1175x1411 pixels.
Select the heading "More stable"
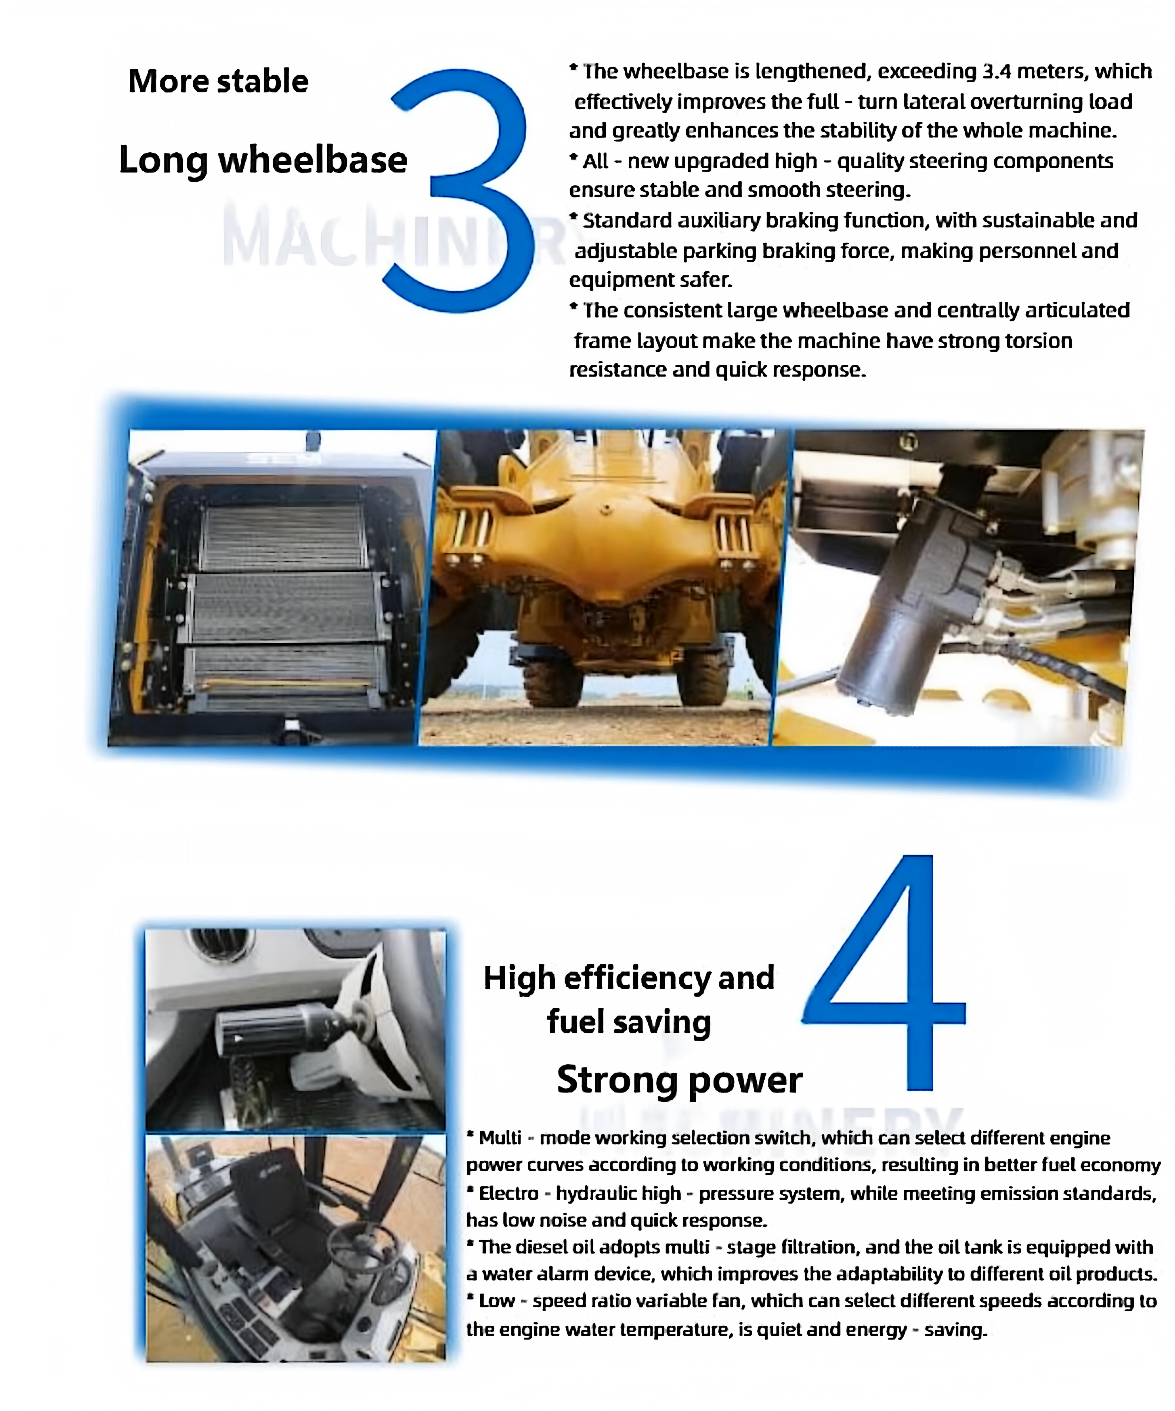click(218, 81)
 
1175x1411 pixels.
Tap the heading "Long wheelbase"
click(263, 160)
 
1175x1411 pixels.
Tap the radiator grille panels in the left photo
click(286, 605)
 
